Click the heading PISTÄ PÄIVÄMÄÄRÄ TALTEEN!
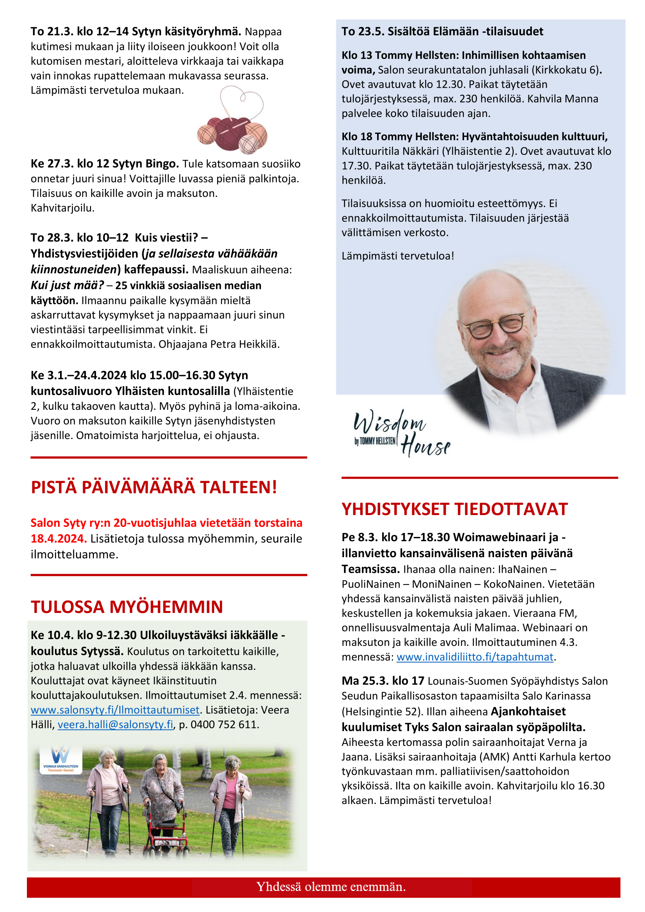tap(154, 487)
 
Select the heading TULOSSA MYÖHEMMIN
tap(127, 607)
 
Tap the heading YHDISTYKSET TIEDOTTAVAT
tap(454, 509)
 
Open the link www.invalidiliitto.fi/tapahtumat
tap(475, 657)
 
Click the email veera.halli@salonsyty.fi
tap(115, 724)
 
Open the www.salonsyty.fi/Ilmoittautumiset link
tap(115, 710)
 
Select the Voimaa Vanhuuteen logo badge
tap(61, 760)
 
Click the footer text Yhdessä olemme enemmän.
tap(331, 887)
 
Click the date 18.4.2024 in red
tap(58, 538)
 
